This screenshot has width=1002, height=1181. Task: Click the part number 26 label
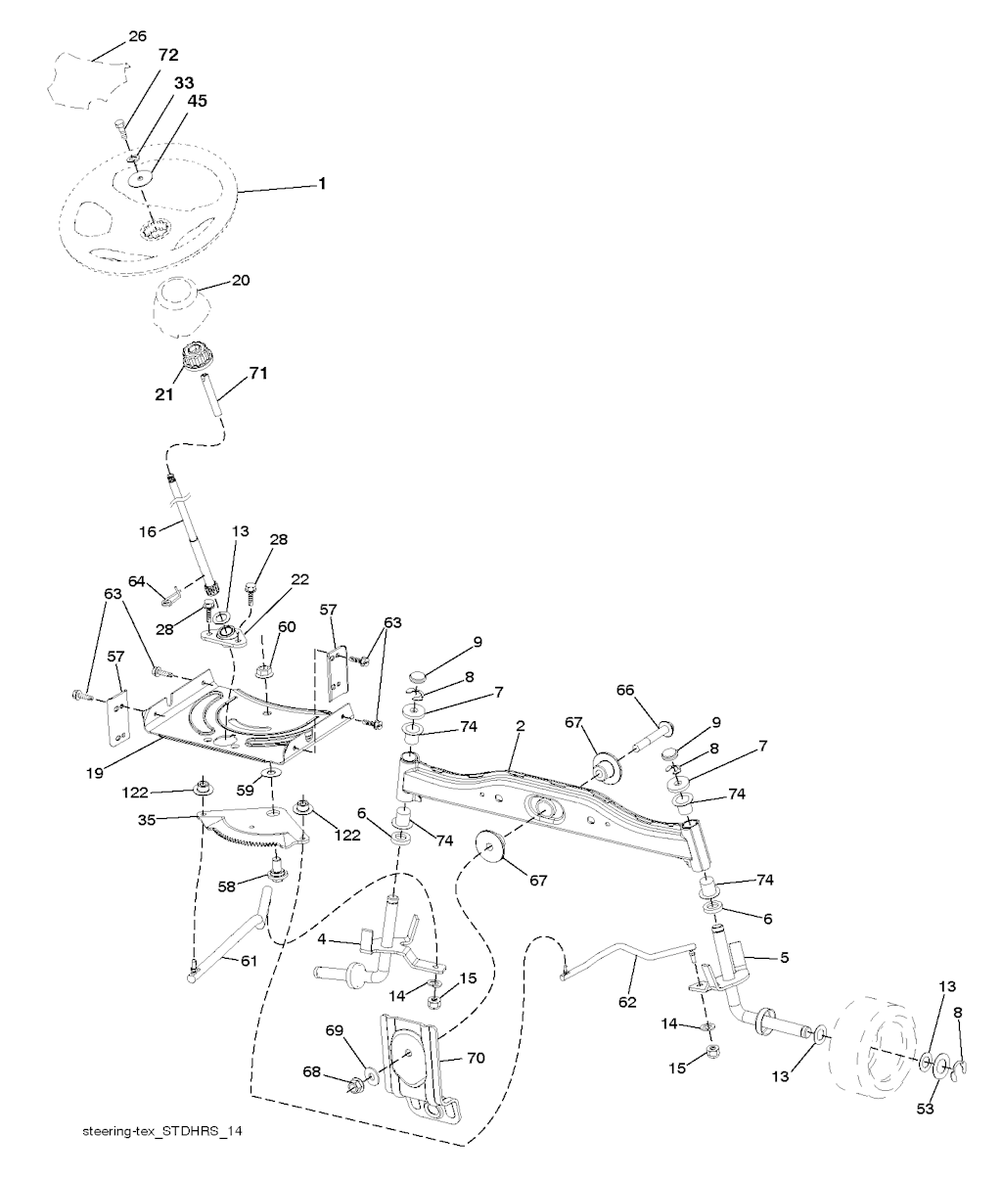coord(137,36)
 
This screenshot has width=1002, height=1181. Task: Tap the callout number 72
coord(168,55)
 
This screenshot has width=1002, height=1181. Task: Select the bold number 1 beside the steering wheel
coord(322,183)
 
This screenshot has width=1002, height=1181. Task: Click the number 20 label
coord(241,281)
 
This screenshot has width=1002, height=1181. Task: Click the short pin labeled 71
coord(211,395)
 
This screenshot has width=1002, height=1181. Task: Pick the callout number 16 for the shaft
coord(148,532)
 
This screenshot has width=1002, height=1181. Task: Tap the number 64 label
coord(137,581)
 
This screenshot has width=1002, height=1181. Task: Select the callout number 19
coord(95,774)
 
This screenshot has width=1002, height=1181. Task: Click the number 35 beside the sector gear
coord(147,821)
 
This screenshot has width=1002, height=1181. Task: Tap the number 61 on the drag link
coord(249,962)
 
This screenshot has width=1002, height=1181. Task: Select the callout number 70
coord(476,1058)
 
